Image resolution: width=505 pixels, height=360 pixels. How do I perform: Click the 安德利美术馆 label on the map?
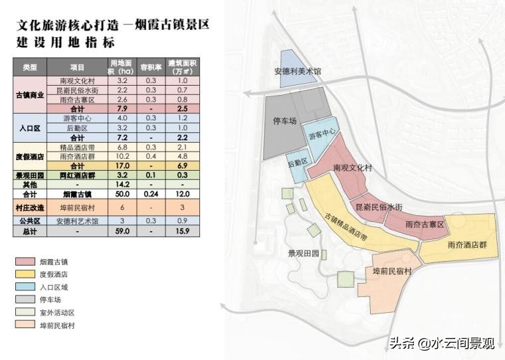[x=298, y=70]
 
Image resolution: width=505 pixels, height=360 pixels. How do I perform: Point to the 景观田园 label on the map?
[x=304, y=253]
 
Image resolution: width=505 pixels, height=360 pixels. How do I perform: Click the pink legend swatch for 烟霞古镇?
[x=23, y=262]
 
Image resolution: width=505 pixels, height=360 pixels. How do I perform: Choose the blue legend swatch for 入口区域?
[x=23, y=287]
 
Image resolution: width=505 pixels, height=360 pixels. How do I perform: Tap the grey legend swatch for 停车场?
[x=23, y=300]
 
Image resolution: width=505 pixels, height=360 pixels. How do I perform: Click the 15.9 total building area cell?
[x=183, y=232]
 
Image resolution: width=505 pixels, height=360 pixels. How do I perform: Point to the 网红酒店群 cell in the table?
[x=77, y=175]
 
